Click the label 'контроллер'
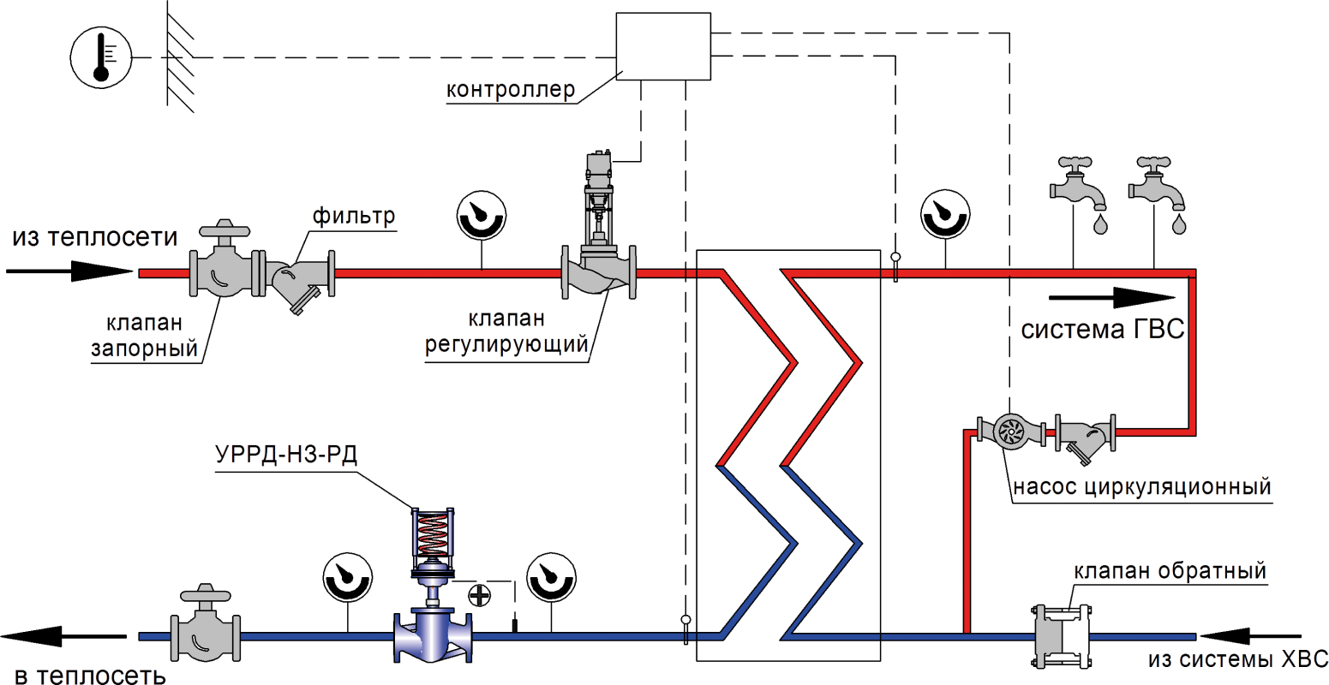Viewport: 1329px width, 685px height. (x=511, y=90)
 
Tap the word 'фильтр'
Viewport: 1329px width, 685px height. (x=354, y=216)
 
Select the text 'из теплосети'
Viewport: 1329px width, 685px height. (x=95, y=237)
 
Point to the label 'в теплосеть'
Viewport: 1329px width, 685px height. (x=90, y=676)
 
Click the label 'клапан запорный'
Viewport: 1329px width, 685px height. (x=144, y=336)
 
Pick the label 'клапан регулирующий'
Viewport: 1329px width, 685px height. (x=507, y=331)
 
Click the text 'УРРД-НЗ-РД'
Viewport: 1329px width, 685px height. (x=286, y=454)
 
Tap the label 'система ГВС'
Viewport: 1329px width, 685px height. (x=1103, y=331)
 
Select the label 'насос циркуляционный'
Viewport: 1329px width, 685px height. (x=1141, y=487)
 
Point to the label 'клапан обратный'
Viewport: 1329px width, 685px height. (x=1170, y=571)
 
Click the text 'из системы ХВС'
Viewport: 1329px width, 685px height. (x=1237, y=659)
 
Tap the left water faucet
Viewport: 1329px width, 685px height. (x=1080, y=184)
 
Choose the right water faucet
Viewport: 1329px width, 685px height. (x=1158, y=184)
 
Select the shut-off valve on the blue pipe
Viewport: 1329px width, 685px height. (x=206, y=629)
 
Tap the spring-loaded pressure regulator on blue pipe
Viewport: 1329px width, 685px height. (x=434, y=591)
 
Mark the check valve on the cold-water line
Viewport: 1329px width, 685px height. (x=1045, y=636)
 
